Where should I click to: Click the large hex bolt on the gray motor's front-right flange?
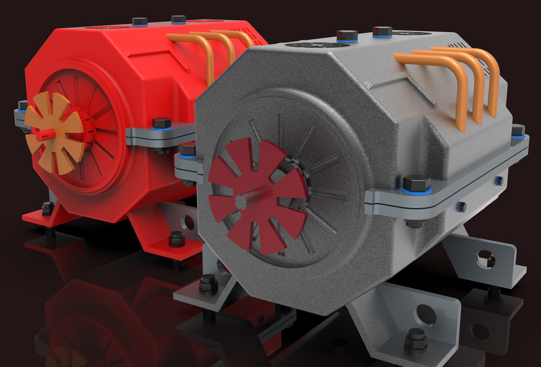pyautogui.click(x=416, y=184)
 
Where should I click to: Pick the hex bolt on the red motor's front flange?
pyautogui.click(x=162, y=123)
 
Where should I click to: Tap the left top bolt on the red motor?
pyautogui.click(x=140, y=22)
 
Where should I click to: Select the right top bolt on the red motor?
pyautogui.click(x=178, y=19)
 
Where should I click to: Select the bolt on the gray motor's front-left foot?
pyautogui.click(x=208, y=283)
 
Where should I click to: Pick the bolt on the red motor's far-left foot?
pyautogui.click(x=48, y=208)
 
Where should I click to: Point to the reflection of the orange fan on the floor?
pyautogui.click(x=63, y=356)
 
